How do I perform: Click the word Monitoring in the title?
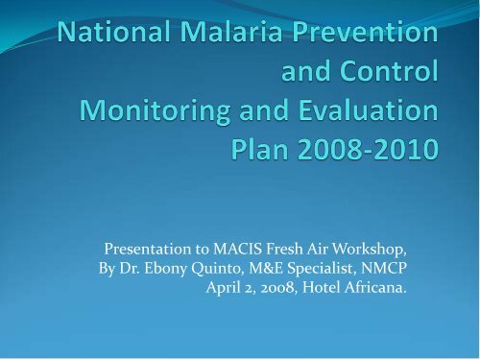(155, 112)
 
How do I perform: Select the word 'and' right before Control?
(305, 71)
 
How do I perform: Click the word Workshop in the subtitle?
(369, 250)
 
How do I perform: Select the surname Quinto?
(216, 269)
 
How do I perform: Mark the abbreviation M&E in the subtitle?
(266, 268)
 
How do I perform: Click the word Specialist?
(322, 269)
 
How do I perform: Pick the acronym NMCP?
(384, 268)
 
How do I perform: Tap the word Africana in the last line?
(375, 287)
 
